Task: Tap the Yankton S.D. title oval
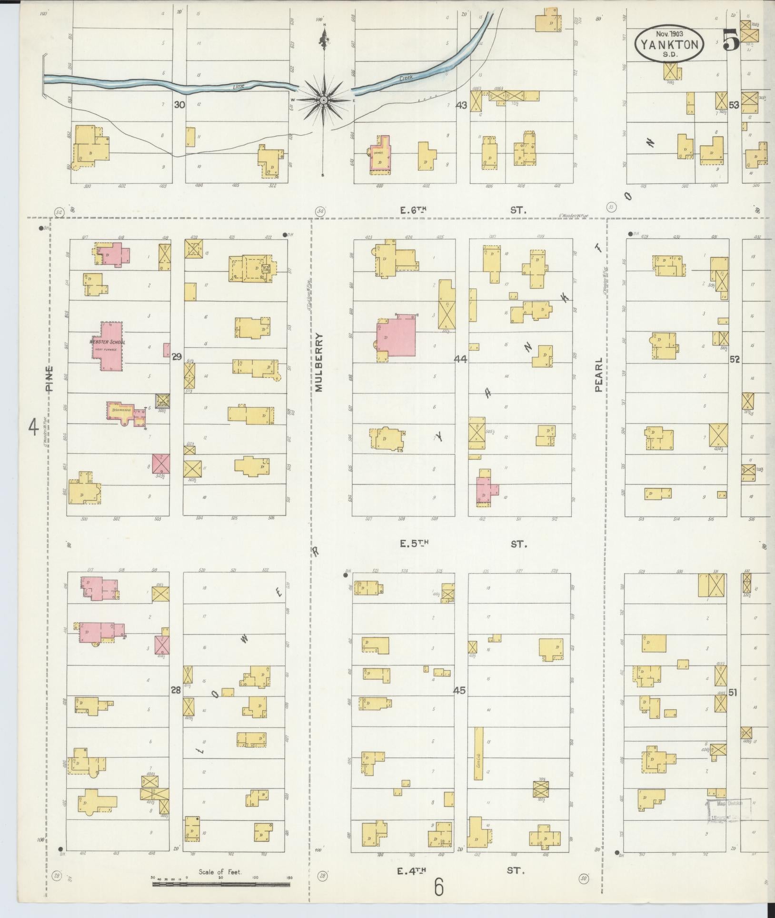(669, 44)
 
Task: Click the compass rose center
(324, 100)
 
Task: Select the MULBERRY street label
(319, 362)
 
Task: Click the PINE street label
(50, 378)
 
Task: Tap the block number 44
(460, 358)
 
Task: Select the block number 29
(177, 356)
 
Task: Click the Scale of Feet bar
(221, 884)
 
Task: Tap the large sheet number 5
(730, 40)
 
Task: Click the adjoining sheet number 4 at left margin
(33, 427)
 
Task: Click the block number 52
(735, 360)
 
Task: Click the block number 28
(176, 690)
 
